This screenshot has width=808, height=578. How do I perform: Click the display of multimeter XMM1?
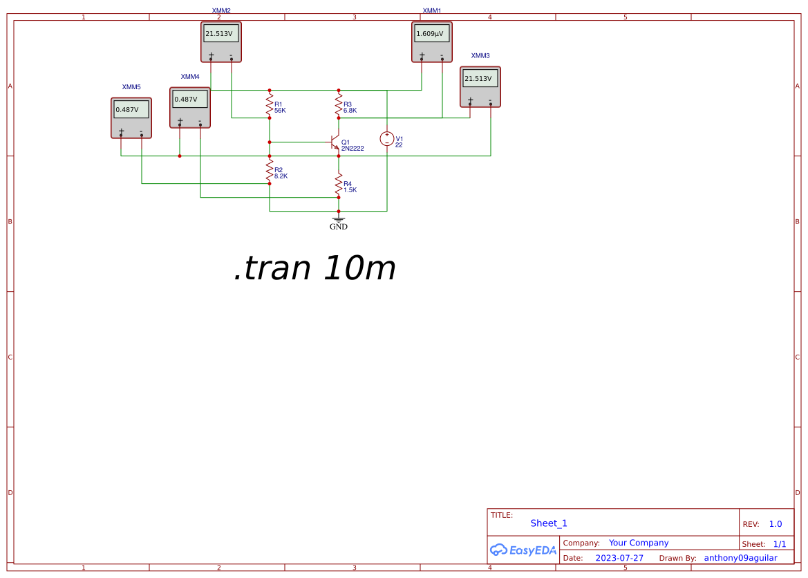coord(432,33)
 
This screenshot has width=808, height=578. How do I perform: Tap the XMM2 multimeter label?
coord(221,10)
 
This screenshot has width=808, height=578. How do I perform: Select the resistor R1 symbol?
coord(270,105)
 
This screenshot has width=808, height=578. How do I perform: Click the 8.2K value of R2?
coord(281,176)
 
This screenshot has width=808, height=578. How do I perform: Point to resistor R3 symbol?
coord(339,105)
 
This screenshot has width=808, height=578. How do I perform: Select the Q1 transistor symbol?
coord(336,144)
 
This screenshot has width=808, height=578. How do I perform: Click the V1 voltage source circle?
coord(387,139)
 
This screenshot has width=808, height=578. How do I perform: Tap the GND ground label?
coord(339,227)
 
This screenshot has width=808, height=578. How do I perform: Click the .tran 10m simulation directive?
coord(314,268)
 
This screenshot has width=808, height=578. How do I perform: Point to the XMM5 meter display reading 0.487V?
coord(131,109)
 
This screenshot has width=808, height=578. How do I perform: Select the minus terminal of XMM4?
coord(200,122)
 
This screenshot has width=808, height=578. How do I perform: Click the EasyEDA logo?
coord(523,550)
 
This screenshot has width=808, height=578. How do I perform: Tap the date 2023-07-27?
coord(619,558)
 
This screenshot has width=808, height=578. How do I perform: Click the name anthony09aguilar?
coord(740,558)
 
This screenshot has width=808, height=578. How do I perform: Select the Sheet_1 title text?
coord(549,523)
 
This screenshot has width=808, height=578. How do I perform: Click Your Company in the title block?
coord(639,543)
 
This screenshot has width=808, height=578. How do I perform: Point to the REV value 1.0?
coord(776,524)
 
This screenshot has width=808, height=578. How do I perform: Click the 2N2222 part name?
coord(353,148)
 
